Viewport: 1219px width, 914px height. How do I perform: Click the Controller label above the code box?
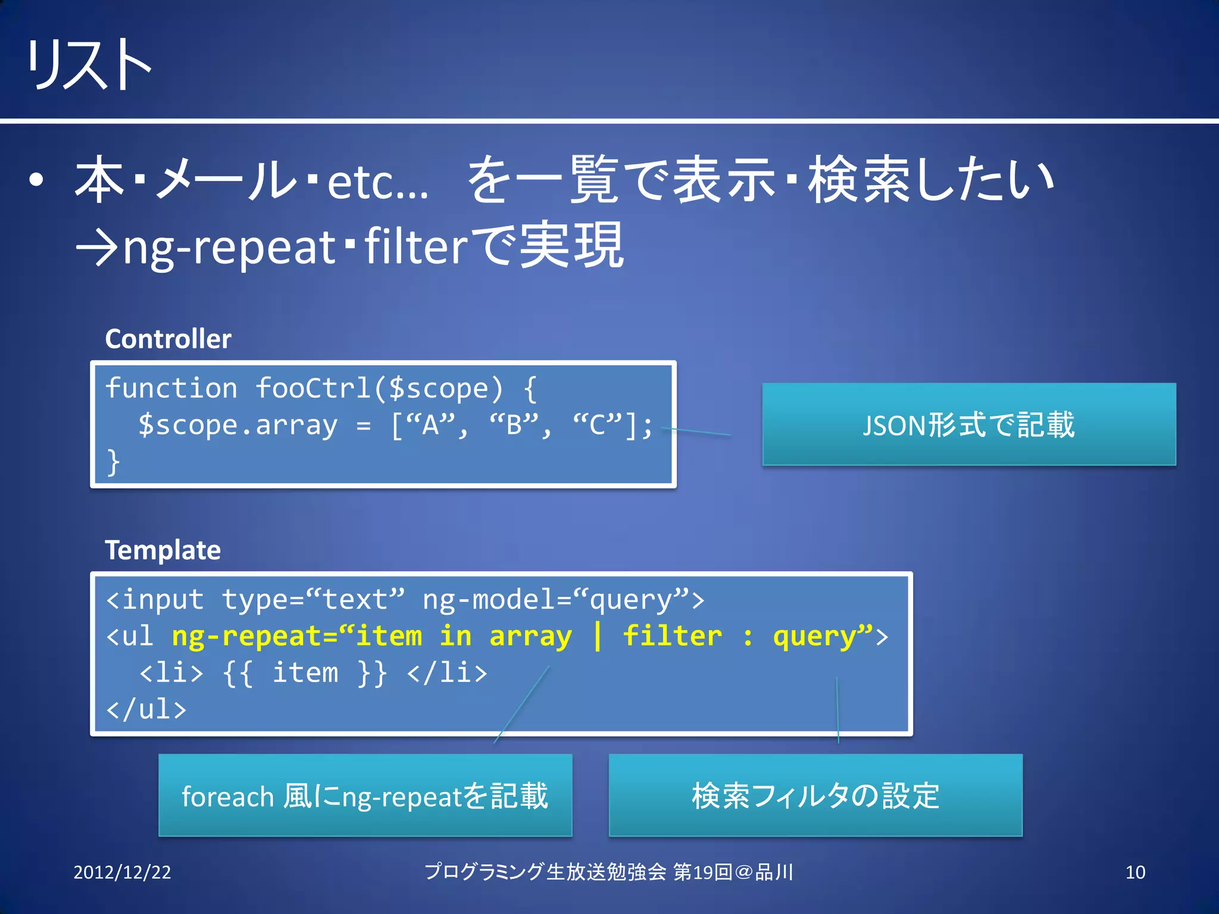point(168,339)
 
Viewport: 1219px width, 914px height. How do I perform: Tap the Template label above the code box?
point(162,550)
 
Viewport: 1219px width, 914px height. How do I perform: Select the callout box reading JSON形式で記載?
point(968,424)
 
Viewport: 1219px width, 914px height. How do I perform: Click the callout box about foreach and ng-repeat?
point(365,796)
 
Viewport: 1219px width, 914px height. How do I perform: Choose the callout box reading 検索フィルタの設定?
point(815,796)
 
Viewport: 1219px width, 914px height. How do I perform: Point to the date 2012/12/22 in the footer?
point(122,872)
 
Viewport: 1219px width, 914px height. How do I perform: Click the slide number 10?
point(1135,872)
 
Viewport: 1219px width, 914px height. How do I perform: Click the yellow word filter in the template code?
point(672,636)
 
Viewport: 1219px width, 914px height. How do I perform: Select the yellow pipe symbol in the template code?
point(597,636)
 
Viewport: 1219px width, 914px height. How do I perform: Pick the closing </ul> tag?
point(146,709)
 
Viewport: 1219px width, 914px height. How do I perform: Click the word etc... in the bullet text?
point(377,182)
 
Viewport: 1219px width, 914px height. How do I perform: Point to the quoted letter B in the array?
point(514,425)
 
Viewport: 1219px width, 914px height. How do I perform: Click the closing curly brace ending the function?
point(113,462)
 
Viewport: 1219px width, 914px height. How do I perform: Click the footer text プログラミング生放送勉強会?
point(545,872)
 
